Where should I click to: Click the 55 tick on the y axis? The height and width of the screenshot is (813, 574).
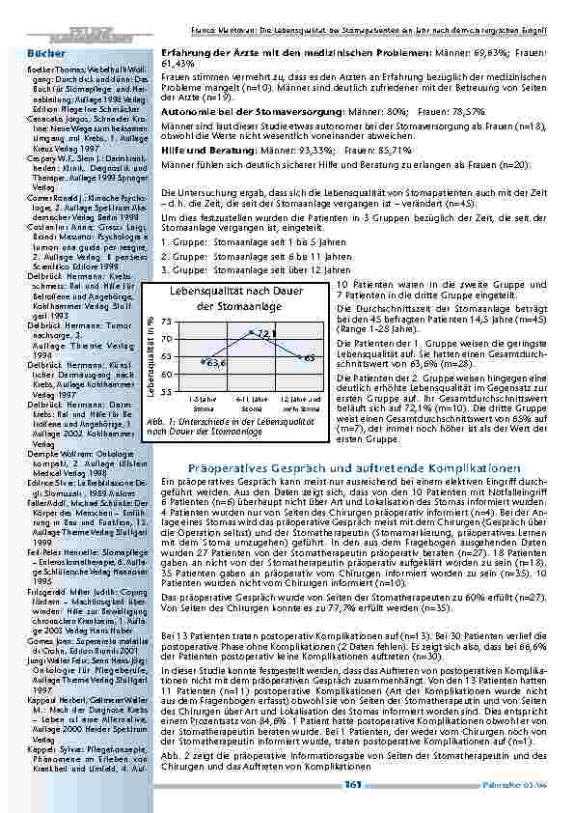pos(167,391)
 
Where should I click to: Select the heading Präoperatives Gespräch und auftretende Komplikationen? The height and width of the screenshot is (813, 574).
pos(345,467)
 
